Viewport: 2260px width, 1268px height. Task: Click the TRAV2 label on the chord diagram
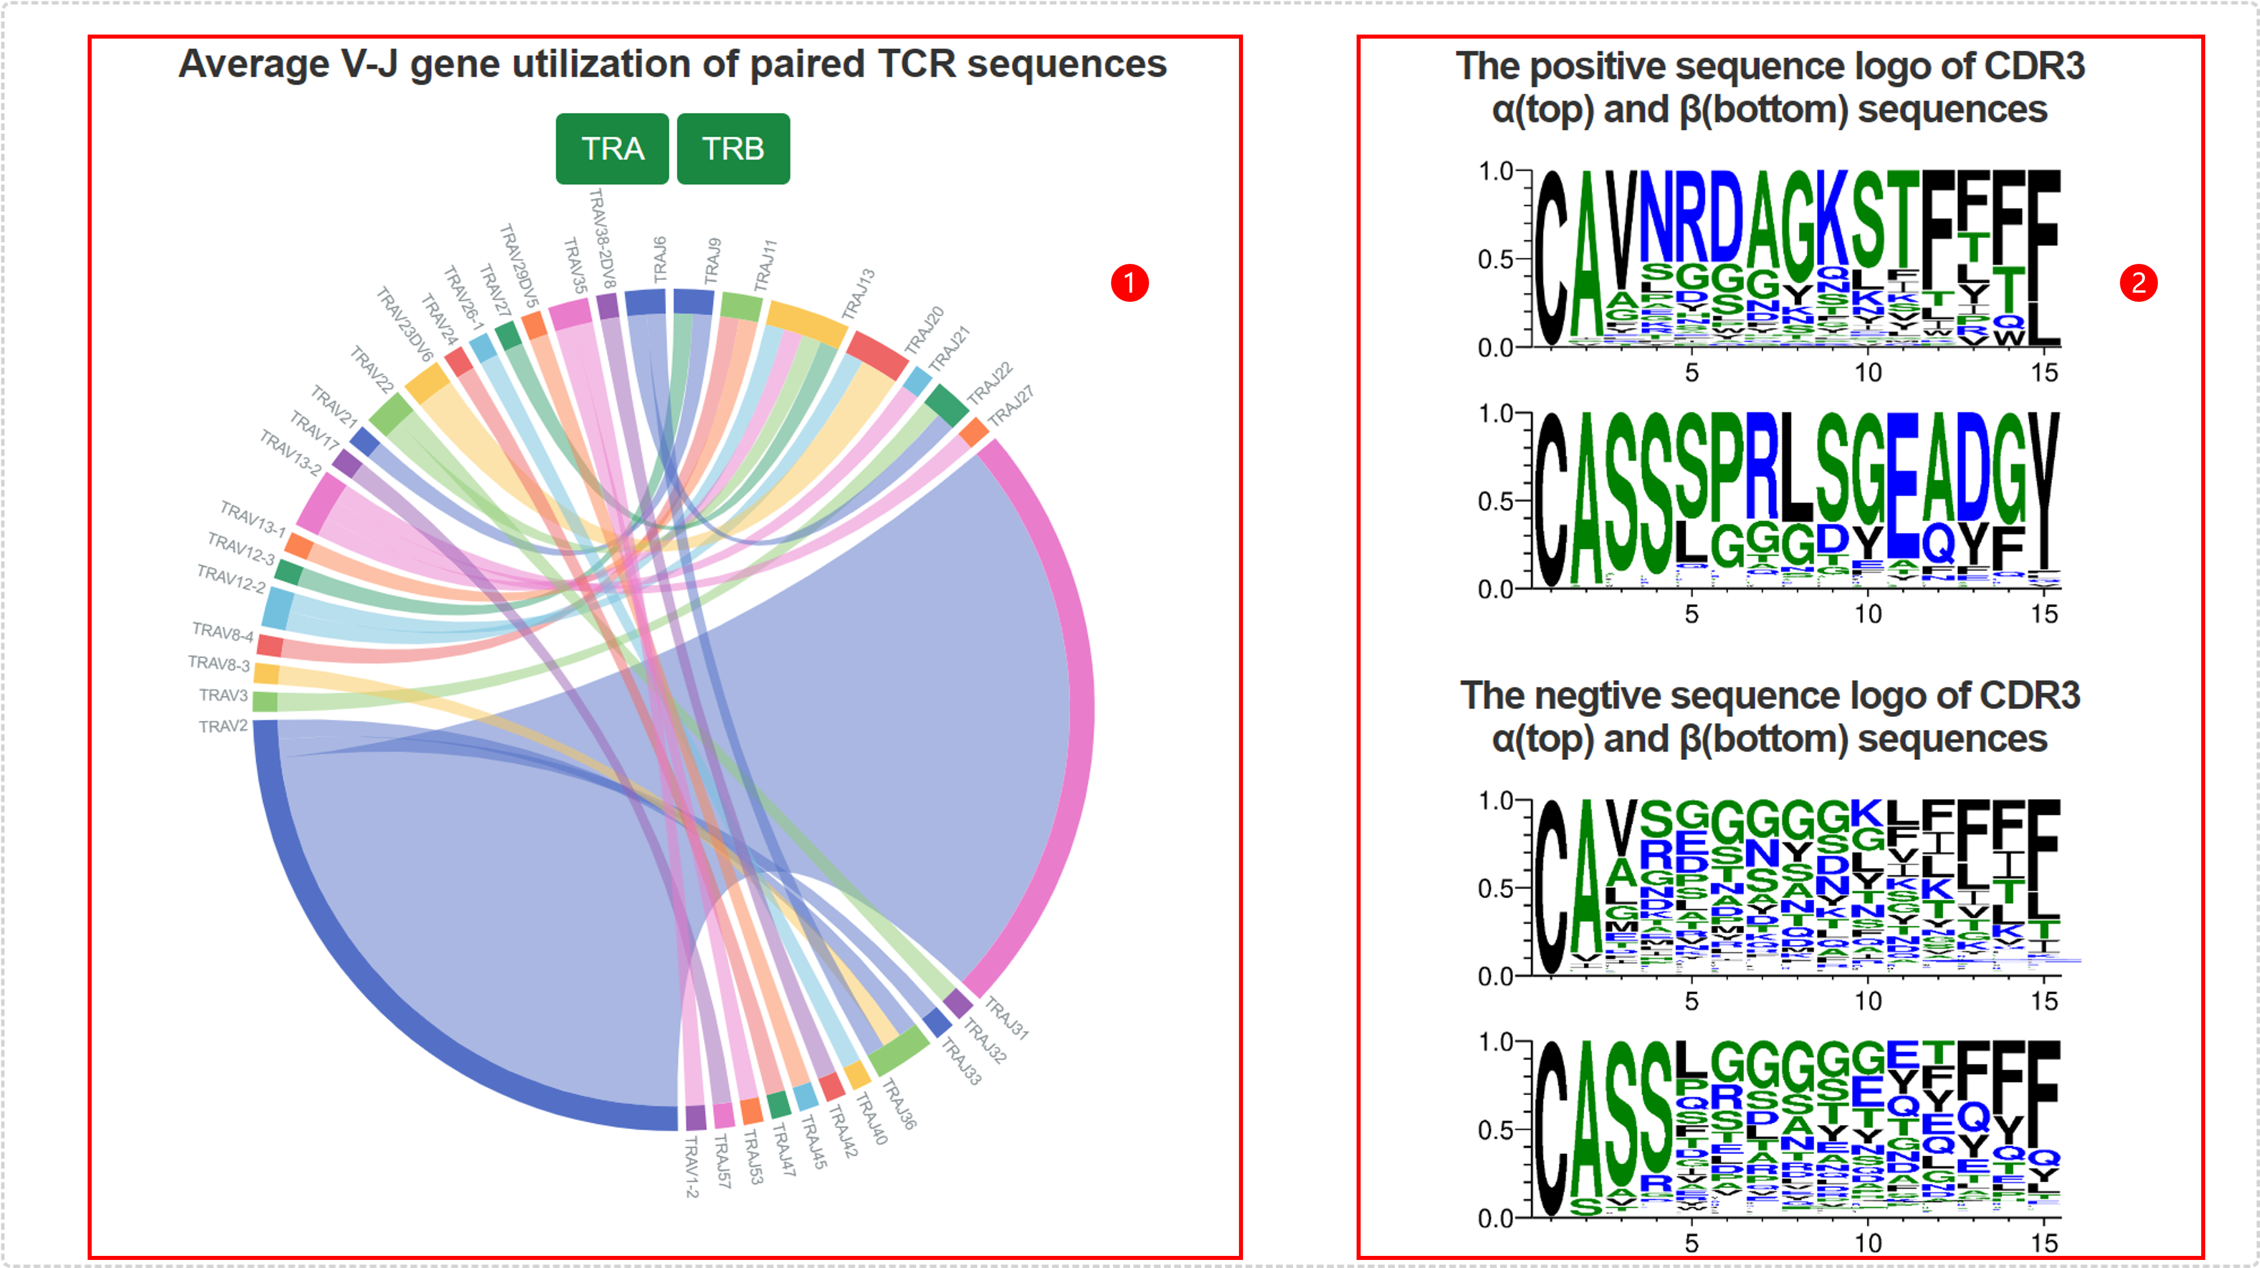(x=223, y=726)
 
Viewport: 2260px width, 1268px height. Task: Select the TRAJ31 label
(x=1006, y=1018)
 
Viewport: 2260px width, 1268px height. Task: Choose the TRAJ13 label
(x=858, y=294)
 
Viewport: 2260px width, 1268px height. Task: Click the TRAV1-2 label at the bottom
(x=691, y=1166)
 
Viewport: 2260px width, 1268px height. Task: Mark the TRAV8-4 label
(x=223, y=632)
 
